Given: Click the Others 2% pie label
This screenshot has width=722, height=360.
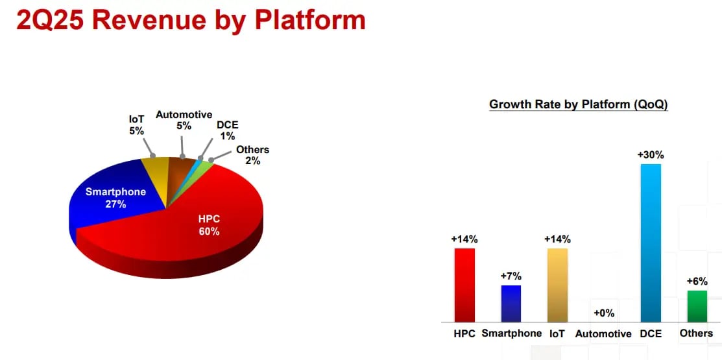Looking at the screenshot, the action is [x=252, y=155].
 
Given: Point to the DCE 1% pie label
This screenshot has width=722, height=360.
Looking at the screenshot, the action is [x=228, y=130].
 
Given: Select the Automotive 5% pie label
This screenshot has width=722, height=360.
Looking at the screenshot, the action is [x=184, y=120].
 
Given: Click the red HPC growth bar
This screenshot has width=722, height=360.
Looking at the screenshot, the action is [x=464, y=285].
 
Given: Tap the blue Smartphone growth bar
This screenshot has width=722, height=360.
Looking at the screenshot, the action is [x=511, y=304].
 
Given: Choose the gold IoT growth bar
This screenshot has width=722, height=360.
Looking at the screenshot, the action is [x=557, y=285].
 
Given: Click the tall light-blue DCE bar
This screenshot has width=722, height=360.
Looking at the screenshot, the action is [x=651, y=243].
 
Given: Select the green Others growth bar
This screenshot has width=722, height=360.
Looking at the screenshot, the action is [x=697, y=306].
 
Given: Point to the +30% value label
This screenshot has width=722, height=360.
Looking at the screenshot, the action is [x=651, y=155].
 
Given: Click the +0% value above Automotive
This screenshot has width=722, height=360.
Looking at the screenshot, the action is [x=604, y=313].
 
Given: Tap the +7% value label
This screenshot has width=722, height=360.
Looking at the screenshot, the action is [x=511, y=276].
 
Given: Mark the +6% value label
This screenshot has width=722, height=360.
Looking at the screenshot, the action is [x=697, y=282].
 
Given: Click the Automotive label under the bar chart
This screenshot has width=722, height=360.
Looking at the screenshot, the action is [x=603, y=334].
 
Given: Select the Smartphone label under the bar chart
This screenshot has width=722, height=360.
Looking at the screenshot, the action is [x=512, y=333].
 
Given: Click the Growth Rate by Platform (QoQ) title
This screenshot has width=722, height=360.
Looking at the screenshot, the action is [x=579, y=104].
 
